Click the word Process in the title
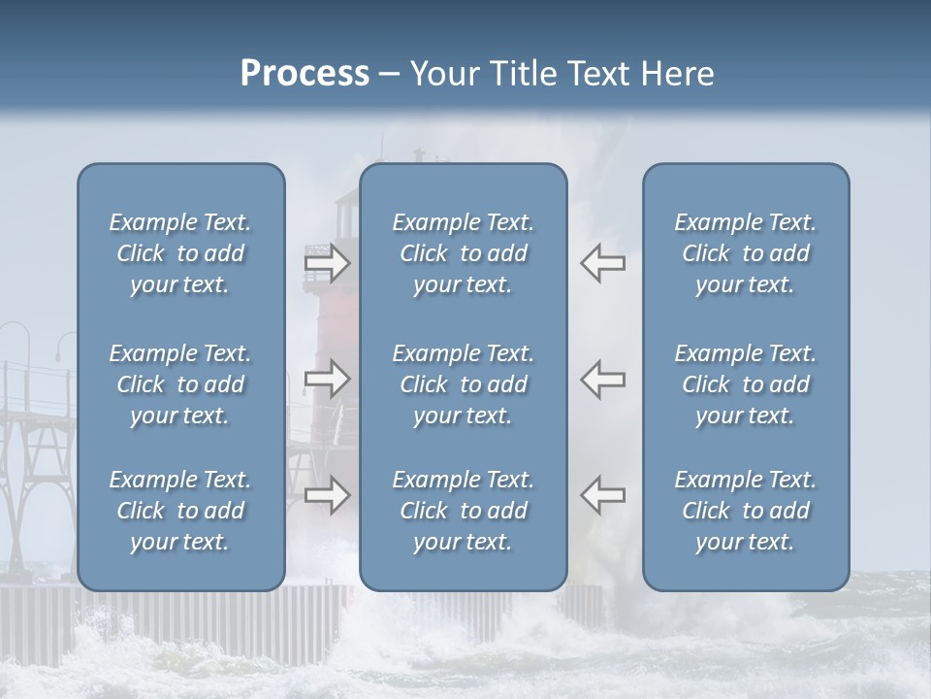point(305,74)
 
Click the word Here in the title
point(678,74)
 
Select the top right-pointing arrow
point(327,263)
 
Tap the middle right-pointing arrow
point(327,379)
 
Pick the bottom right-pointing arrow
point(327,495)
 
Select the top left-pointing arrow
point(602,263)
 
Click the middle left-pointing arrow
point(602,379)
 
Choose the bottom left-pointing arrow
point(602,495)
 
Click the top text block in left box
point(180,253)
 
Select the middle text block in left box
point(180,384)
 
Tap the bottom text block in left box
point(180,511)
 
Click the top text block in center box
point(463,253)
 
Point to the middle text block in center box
point(463,384)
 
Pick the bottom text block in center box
point(463,511)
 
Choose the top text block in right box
point(745,253)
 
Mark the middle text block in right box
point(745,384)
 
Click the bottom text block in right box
point(745,511)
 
